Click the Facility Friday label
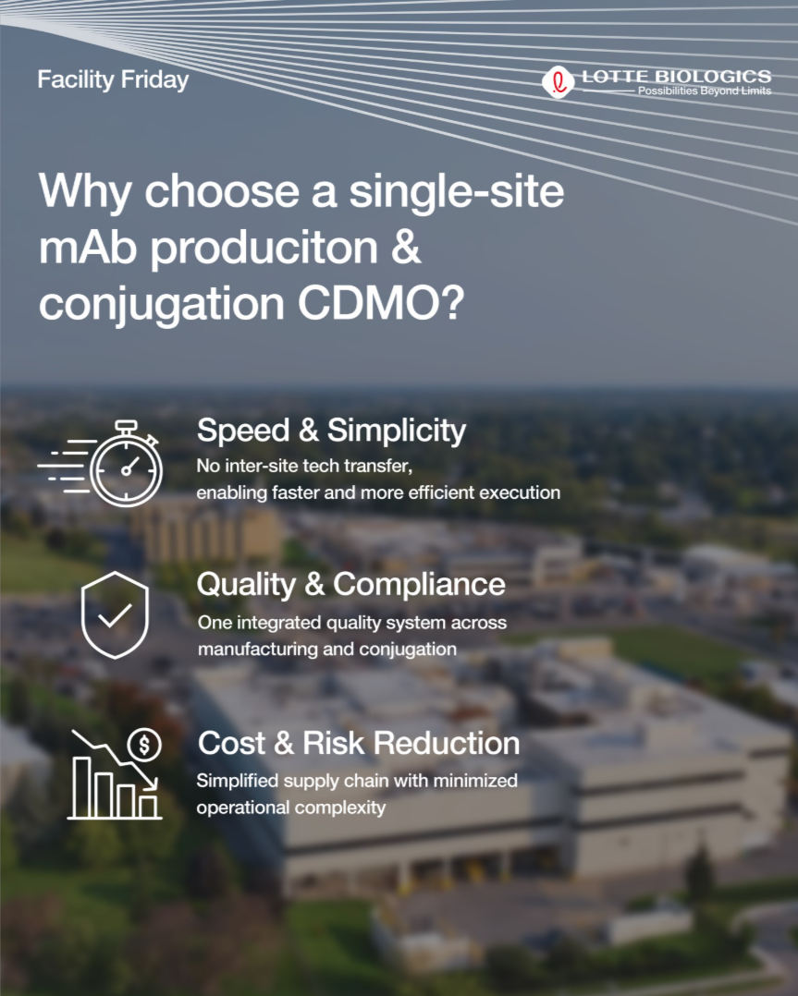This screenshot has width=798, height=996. pos(113,80)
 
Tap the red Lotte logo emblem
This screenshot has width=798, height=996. pos(558,82)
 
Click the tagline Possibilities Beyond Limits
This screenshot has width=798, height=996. pos(705,91)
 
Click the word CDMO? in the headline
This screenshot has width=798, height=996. pos(381,303)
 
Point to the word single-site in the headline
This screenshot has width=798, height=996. pos(457,191)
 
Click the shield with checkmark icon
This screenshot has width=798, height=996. pos(115,615)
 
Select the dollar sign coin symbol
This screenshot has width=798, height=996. pos(144,745)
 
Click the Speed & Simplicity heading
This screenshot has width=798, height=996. pos(331,431)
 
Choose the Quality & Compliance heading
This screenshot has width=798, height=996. pos(351,584)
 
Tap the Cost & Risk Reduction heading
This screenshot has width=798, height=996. pos(359,743)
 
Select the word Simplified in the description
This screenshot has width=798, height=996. pos(237,781)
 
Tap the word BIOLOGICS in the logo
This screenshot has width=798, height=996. pos(713,77)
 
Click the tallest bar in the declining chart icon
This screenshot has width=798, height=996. pos(80,786)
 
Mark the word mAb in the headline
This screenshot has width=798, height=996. pos(88,247)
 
